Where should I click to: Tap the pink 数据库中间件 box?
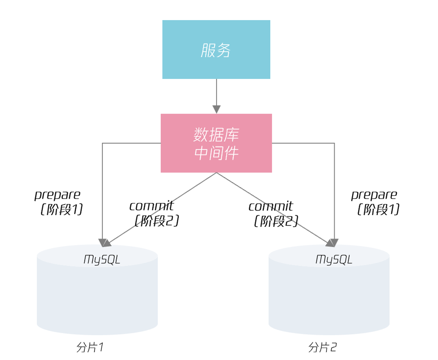[216, 143]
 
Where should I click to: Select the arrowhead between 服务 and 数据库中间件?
[217, 109]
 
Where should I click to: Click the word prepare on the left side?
[57, 195]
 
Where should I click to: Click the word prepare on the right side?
[374, 195]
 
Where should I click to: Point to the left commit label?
[151, 206]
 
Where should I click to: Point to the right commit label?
[271, 206]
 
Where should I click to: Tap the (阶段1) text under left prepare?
[61, 209]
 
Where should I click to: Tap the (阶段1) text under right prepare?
[378, 209]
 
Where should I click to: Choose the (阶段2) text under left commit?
[156, 221]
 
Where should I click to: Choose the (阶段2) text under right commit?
[276, 221]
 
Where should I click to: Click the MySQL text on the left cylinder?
[102, 259]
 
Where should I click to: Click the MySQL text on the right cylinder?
[334, 259]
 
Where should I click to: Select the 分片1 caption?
[90, 347]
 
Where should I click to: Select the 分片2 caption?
[322, 347]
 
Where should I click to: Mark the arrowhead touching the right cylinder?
[333, 243]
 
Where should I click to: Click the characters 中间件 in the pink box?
[216, 153]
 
